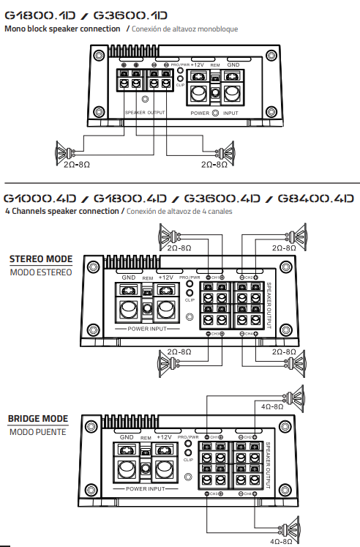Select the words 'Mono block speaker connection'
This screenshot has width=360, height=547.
(x=63, y=29)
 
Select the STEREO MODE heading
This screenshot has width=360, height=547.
(x=40, y=259)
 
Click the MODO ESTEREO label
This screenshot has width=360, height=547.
(x=41, y=272)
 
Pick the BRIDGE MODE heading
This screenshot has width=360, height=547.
(x=38, y=419)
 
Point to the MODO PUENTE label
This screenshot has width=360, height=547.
(x=37, y=432)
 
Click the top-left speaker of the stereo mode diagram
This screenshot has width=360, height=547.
(x=166, y=236)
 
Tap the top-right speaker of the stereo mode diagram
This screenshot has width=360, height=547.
(x=296, y=236)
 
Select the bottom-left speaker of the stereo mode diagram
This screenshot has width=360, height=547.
(x=166, y=362)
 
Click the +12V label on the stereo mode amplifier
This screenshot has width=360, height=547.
(x=165, y=278)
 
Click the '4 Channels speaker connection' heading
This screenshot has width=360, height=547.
(x=61, y=211)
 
